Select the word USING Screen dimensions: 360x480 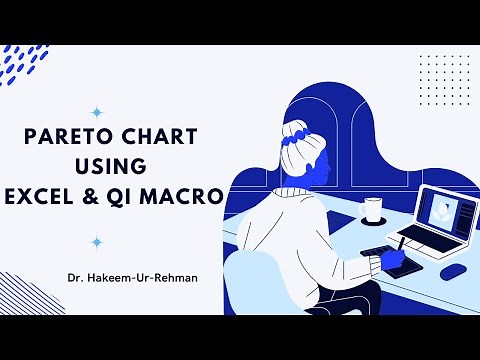[x=118, y=166]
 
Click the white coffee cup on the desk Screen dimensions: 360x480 [x=373, y=210]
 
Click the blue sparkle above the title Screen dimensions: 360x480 [x=97, y=112]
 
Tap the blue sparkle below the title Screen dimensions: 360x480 [x=97, y=241]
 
